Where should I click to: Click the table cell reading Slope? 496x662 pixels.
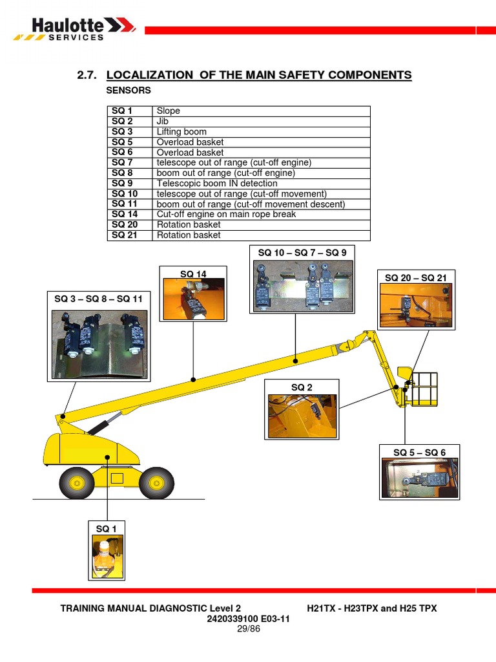coord(169,111)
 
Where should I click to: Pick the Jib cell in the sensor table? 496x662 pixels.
coord(162,122)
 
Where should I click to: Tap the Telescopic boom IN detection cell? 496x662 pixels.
coord(217,184)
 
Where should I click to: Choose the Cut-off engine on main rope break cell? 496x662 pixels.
coord(226,214)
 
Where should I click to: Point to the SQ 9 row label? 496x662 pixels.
coord(122,184)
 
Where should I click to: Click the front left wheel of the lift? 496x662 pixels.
coord(77,482)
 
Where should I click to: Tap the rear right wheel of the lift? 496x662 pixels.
coord(156,482)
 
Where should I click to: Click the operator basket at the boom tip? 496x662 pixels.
coord(420,388)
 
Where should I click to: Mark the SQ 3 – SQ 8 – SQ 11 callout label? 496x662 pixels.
coord(98,299)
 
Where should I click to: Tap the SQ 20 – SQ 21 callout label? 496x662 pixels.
coord(416,277)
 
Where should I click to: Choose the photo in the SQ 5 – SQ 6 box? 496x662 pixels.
coord(420,478)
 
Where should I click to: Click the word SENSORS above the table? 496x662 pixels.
coord(129,91)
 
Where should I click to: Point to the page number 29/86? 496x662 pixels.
coord(248,628)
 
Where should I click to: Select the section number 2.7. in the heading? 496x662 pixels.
coord(87,76)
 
